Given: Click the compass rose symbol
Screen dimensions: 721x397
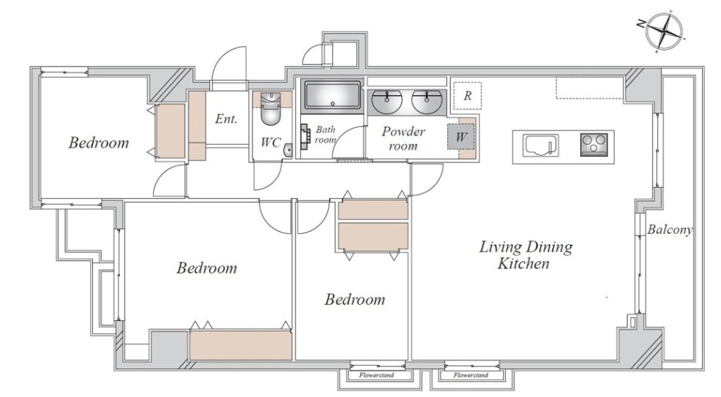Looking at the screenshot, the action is (663, 31).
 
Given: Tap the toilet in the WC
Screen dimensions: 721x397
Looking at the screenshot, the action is (270, 108).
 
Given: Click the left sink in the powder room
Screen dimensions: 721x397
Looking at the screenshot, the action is (386, 101).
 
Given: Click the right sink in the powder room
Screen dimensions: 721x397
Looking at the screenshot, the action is (427, 101).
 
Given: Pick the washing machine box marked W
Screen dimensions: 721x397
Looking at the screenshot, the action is (460, 137).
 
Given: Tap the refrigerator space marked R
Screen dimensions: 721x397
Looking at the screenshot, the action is (467, 96).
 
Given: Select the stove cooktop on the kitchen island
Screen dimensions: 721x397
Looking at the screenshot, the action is (594, 144).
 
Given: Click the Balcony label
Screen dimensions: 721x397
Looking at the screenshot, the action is (670, 230).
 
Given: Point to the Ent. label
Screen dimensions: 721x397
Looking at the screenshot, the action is (226, 119).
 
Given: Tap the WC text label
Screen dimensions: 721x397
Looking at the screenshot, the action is (270, 143).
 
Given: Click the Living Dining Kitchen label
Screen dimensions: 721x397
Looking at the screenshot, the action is (526, 255).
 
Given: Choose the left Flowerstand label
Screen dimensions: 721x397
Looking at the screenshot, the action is (376, 375).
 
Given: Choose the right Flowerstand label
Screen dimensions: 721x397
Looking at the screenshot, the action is (471, 375).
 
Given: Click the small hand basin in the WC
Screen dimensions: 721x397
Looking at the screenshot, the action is (288, 150).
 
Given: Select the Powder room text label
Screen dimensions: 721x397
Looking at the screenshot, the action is (403, 139).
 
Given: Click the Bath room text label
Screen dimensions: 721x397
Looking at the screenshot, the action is (326, 135).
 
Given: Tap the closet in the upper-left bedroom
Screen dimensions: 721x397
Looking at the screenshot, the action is (170, 132).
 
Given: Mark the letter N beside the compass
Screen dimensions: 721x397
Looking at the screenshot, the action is (640, 24).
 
